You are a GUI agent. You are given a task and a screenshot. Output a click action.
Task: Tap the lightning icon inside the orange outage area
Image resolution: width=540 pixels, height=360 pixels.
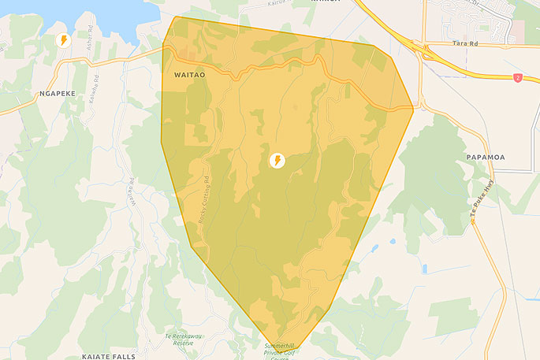277,161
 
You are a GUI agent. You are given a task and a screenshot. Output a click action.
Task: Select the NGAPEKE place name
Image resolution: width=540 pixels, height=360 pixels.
55,92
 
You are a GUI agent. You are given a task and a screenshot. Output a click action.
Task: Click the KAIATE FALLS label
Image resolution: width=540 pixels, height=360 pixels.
108,356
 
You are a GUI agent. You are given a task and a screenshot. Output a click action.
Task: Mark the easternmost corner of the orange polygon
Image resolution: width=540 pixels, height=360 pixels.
413,108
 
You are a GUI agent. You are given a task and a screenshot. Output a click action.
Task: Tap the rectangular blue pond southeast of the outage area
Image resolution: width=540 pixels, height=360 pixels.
424,268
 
